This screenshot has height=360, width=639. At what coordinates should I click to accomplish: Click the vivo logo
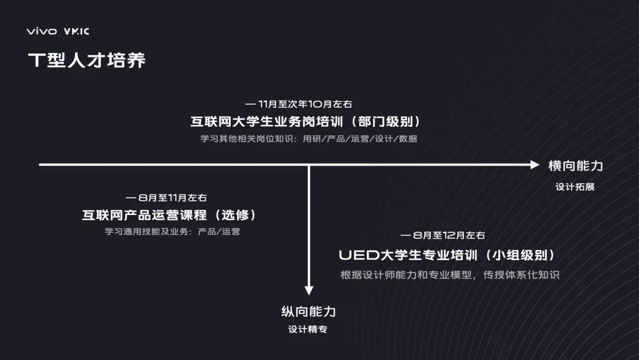tap(41, 31)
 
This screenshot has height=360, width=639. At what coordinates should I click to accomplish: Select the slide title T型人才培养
tap(86, 60)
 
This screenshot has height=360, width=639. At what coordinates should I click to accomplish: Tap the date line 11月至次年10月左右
tap(305, 104)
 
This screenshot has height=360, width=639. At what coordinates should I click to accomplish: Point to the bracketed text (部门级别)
tap(390, 121)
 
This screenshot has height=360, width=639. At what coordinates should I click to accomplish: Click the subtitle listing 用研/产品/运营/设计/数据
tap(360, 139)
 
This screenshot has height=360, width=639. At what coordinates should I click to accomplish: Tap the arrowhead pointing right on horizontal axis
tap(535, 165)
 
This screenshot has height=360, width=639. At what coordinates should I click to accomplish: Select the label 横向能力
tap(575, 166)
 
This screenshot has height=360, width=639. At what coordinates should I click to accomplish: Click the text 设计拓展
tap(575, 187)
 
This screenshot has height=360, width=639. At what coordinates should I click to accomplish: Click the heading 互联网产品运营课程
tap(144, 215)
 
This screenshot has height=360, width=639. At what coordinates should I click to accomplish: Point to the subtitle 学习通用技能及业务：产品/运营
tap(172, 232)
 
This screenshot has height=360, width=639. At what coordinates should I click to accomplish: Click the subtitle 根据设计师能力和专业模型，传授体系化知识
tap(450, 275)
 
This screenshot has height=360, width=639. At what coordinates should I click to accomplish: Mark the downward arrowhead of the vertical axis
tap(308, 290)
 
